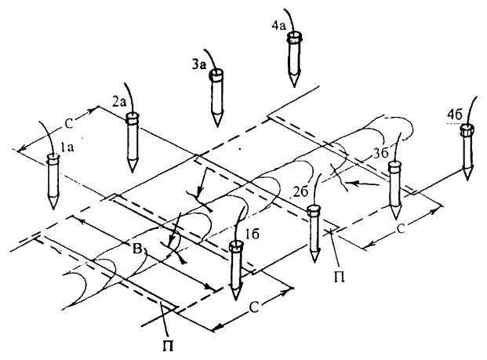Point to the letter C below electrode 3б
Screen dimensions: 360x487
pyautogui.click(x=405, y=233)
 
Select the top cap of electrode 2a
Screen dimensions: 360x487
pyautogui.click(x=133, y=119)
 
